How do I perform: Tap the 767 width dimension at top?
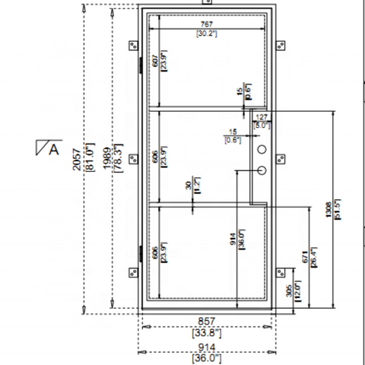coord(206,24)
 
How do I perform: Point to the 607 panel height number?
coord(156,62)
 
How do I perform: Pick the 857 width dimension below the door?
coord(205,322)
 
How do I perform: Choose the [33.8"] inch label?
coord(205,332)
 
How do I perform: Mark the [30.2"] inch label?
coord(206,34)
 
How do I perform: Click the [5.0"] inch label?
coord(262,125)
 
